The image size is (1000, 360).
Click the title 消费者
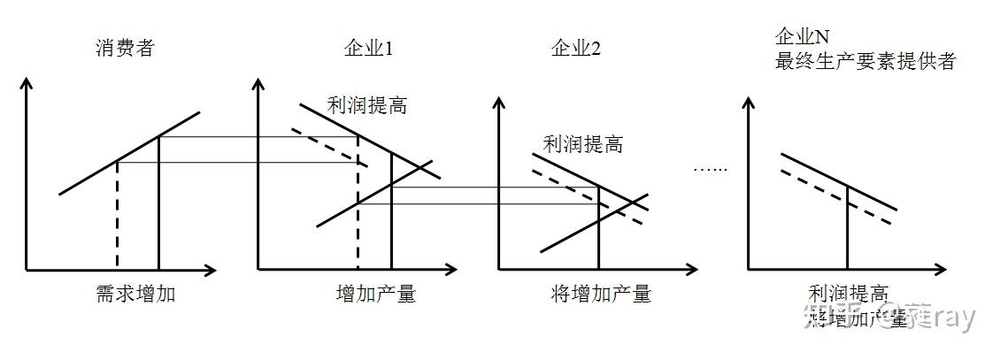pos(124,48)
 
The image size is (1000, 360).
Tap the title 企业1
pos(367,48)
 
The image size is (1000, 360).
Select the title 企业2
pos(575,48)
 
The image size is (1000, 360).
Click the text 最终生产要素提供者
pos(865,62)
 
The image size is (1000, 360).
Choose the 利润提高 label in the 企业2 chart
pos(582,142)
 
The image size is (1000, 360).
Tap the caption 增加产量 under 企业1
pos(376,294)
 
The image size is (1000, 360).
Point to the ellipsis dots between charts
pos(708,168)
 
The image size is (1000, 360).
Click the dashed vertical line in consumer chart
pos(117,217)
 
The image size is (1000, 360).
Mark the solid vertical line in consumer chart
pos(158,203)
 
